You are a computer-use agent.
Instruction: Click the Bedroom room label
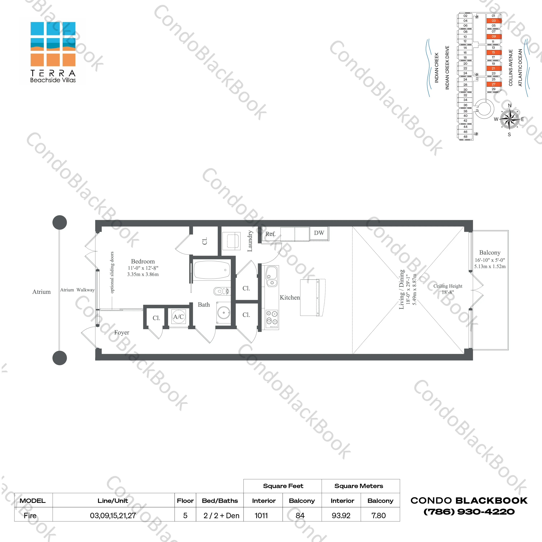pyautogui.click(x=143, y=262)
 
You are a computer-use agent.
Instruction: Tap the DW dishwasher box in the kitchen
pyautogui.click(x=319, y=233)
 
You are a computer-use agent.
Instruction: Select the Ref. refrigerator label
pyautogui.click(x=270, y=234)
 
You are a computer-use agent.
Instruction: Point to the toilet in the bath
pyautogui.click(x=220, y=291)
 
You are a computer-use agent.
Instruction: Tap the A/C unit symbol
pyautogui.click(x=178, y=317)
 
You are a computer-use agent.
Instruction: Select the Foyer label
pyautogui.click(x=121, y=332)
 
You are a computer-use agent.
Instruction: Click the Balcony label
pyautogui.click(x=490, y=253)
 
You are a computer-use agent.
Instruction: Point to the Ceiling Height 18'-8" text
pyautogui.click(x=448, y=289)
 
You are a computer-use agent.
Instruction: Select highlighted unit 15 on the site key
pyautogui.click(x=494, y=52)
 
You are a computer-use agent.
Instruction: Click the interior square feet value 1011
pyautogui.click(x=261, y=516)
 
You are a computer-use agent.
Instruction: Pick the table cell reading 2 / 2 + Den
pyautogui.click(x=221, y=516)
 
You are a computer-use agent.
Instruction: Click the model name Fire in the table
pyautogui.click(x=30, y=516)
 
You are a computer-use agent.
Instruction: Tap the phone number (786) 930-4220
pyautogui.click(x=469, y=512)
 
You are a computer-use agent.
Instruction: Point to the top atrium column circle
pyautogui.click(x=60, y=222)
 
